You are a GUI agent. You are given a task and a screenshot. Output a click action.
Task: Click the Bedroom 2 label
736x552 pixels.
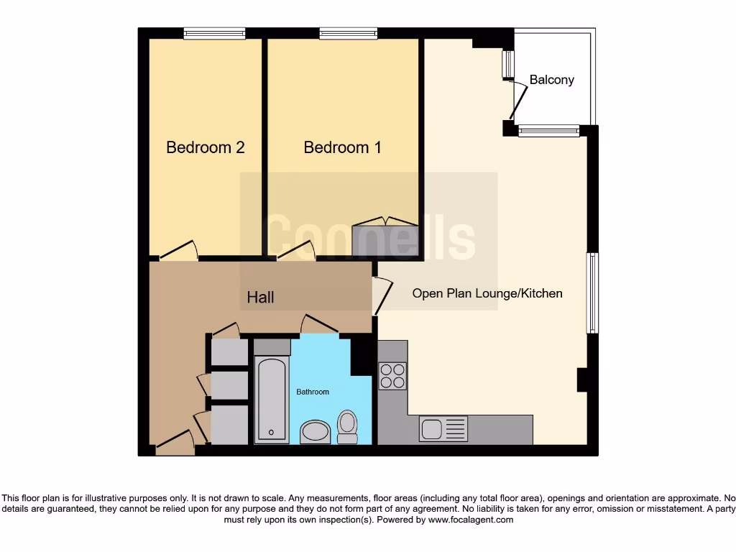205,147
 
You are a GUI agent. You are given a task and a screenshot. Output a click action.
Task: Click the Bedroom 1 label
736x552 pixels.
342,147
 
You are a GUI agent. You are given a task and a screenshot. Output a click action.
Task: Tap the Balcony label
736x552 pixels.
551,80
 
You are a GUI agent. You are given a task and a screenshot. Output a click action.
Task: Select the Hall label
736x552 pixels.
260,297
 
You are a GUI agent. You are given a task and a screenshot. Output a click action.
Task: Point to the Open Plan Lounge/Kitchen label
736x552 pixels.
487,293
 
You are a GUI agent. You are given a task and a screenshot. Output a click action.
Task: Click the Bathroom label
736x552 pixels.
313,392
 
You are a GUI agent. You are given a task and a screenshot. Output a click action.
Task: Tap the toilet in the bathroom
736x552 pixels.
348,427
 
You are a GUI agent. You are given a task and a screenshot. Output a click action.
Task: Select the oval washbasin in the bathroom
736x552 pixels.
314,432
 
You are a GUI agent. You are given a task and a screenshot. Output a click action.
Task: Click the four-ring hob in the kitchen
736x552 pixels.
392,376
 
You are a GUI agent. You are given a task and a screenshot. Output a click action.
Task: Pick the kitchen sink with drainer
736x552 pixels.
443,429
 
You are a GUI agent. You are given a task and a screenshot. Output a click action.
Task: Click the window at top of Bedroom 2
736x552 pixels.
214,32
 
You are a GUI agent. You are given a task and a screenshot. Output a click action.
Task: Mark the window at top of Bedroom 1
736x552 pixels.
349,32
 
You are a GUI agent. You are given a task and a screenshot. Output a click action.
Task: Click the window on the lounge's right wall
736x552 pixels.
592,293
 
